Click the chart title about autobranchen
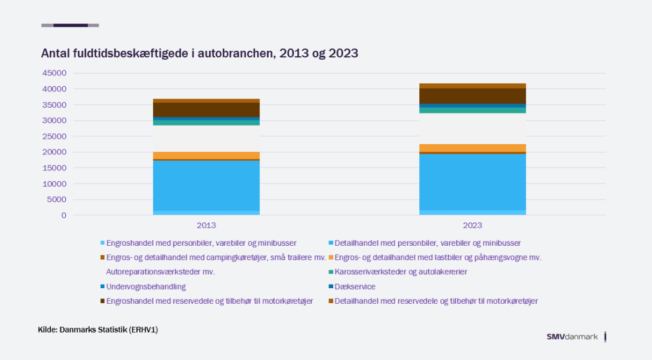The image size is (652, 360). pyautogui.click(x=199, y=53)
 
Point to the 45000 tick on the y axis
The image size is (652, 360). pyautogui.click(x=54, y=73)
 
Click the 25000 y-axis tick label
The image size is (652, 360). pyautogui.click(x=54, y=136)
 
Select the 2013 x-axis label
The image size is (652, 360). pyautogui.click(x=206, y=225)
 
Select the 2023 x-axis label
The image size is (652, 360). pyautogui.click(x=473, y=225)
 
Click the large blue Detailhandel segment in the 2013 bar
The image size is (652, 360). pyautogui.click(x=206, y=185)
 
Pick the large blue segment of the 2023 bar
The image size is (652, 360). pyautogui.click(x=473, y=182)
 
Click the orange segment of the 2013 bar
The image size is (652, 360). pyautogui.click(x=206, y=155)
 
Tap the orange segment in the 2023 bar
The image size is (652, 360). pyautogui.click(x=473, y=148)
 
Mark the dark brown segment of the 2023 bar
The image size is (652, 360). pyautogui.click(x=473, y=96)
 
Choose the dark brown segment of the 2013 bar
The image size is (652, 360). pyautogui.click(x=206, y=109)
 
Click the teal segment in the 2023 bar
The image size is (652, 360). pyautogui.click(x=473, y=110)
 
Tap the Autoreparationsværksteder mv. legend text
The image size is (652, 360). pyautogui.click(x=161, y=272)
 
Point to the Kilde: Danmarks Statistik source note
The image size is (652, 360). pyautogui.click(x=98, y=330)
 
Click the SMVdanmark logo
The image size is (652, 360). pyautogui.click(x=572, y=337)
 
